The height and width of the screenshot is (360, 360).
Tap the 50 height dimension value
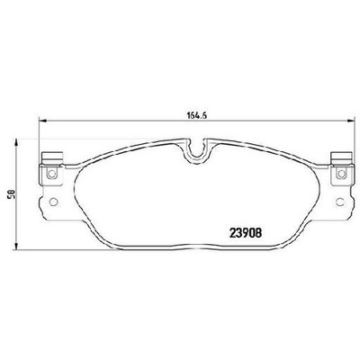pos(12,194)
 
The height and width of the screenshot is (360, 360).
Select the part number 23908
pos(246,233)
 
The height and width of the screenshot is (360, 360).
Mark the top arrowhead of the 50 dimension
pos(17,143)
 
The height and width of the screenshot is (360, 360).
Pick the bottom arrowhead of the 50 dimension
pos(17,245)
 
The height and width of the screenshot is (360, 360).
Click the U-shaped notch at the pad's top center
pos(197,150)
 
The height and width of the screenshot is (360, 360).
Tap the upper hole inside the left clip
pos(52,174)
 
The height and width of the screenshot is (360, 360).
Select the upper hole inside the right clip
pos(341,174)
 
